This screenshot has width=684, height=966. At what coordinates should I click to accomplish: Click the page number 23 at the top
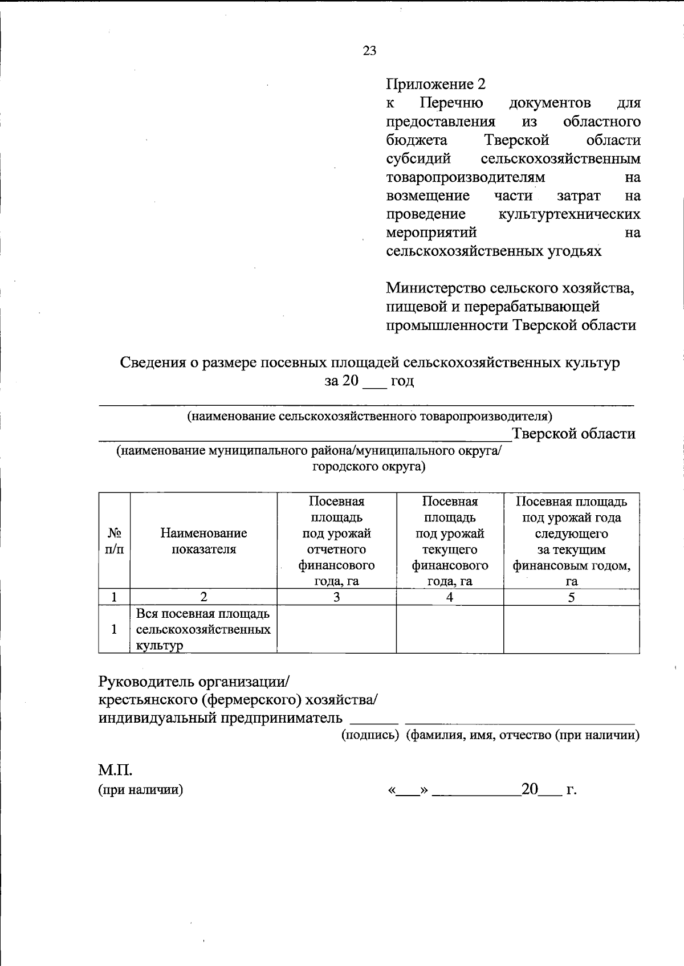[369, 51]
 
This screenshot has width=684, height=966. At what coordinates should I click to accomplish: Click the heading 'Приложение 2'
[435, 84]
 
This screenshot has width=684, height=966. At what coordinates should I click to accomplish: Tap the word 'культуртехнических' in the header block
[569, 214]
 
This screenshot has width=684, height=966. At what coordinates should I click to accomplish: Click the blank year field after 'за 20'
[374, 382]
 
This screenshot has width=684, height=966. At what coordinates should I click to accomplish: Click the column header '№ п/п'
[114, 541]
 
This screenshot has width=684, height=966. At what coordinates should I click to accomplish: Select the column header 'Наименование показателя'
[203, 541]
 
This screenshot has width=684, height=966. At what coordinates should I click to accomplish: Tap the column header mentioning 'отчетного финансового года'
[336, 541]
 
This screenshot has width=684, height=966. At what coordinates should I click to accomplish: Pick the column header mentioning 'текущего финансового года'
[450, 541]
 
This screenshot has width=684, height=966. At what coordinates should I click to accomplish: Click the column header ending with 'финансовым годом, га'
[571, 541]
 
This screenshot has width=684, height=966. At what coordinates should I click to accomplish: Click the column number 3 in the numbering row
[336, 597]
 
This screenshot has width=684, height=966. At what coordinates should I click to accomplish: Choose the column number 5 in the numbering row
[571, 597]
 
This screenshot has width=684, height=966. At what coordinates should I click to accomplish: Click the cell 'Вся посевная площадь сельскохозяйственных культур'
[203, 629]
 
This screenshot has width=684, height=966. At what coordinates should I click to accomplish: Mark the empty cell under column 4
[450, 629]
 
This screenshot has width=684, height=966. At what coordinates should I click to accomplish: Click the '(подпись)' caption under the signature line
[370, 735]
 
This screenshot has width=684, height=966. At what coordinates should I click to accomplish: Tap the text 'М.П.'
[115, 771]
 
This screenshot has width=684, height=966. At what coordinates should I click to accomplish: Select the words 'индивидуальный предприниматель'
[221, 718]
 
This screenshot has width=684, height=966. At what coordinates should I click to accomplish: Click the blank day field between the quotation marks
[408, 790]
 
